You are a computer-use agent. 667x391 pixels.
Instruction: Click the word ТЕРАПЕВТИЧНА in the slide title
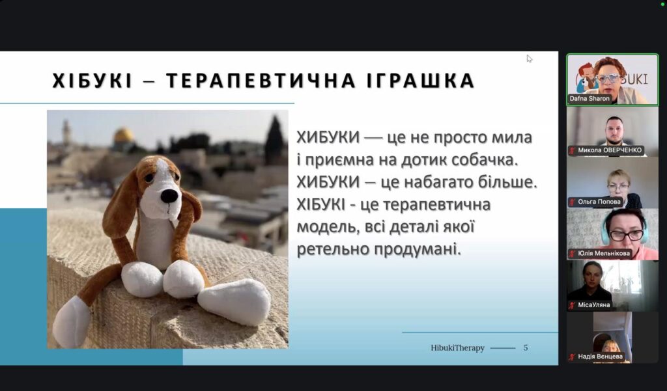(261, 81)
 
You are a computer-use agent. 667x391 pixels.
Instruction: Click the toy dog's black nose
(169, 195)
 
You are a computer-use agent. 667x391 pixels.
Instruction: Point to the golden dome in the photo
(124, 135)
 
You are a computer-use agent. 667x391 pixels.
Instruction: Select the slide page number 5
(526, 347)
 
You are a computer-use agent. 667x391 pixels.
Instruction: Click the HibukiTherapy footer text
(458, 347)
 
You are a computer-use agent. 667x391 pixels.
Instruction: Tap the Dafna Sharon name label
(589, 99)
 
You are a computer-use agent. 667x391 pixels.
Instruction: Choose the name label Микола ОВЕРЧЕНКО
(610, 150)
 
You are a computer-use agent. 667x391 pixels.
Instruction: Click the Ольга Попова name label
(599, 202)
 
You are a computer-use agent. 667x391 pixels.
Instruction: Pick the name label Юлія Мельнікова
(604, 253)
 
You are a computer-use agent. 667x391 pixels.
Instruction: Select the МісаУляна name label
(594, 304)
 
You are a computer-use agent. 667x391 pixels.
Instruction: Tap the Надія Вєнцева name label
(600, 357)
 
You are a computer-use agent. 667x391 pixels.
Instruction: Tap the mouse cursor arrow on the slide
(529, 59)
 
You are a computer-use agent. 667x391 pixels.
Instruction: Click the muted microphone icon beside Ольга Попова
(573, 202)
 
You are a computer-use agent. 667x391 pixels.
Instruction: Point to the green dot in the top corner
(663, 4)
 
